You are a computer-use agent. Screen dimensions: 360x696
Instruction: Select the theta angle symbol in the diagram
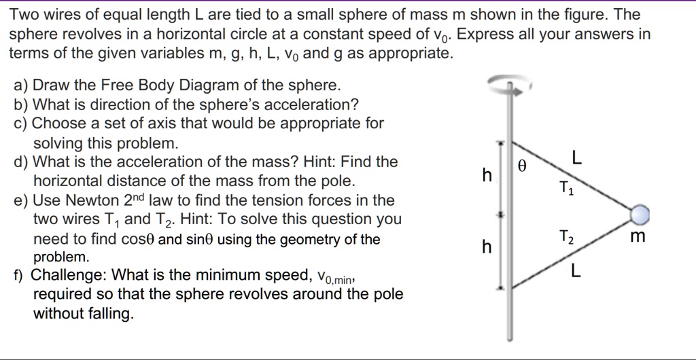[x=522, y=165]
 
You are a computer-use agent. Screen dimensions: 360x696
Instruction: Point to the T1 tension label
[x=566, y=187]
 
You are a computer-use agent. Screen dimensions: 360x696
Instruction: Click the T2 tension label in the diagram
[x=566, y=237]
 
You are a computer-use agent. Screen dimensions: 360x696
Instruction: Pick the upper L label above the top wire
[x=576, y=158]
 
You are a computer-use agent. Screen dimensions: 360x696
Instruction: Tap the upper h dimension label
[x=486, y=175]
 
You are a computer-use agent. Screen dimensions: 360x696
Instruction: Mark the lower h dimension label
[x=486, y=248]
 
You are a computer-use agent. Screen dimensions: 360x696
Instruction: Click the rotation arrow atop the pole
[x=507, y=84]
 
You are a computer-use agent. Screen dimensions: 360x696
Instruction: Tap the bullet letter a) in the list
[x=20, y=86]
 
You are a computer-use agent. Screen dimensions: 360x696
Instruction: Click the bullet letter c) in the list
[x=20, y=124]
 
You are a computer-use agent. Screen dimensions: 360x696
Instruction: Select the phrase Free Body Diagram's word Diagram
[x=198, y=86]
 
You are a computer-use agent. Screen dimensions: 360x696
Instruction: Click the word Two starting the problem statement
[x=24, y=14]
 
